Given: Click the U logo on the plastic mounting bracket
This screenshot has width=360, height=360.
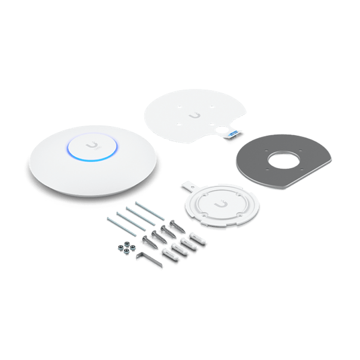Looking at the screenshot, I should (x=218, y=205).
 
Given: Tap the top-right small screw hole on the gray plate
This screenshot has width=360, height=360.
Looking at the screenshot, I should (x=302, y=148).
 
